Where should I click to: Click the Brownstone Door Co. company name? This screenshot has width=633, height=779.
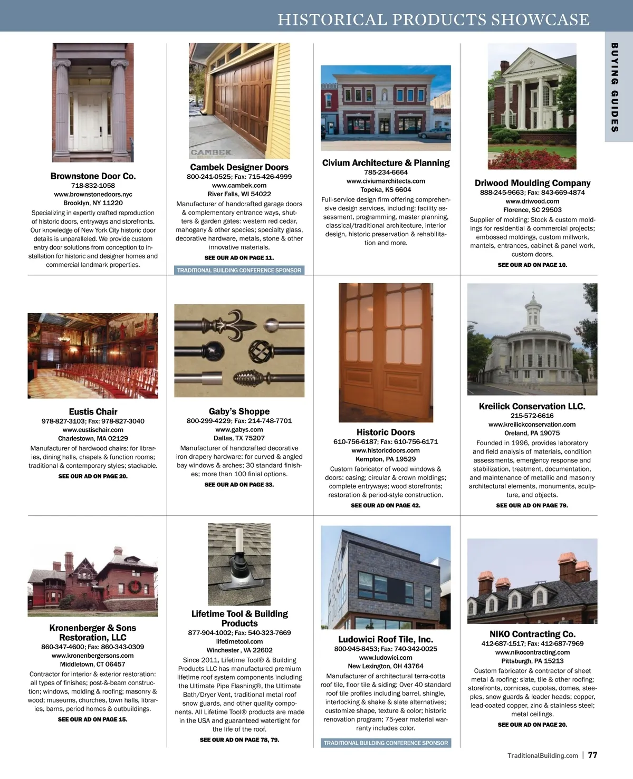(x=93, y=176)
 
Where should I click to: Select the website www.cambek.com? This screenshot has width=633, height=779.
(x=239, y=186)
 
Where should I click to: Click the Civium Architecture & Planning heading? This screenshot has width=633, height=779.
(x=386, y=163)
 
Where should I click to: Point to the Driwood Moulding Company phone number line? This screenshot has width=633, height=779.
(x=532, y=193)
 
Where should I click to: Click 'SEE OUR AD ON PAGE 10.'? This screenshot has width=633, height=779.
(x=532, y=265)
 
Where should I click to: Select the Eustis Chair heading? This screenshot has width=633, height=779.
(x=93, y=411)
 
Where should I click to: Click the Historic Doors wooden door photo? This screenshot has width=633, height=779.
(x=386, y=352)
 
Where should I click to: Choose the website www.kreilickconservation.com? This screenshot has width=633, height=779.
(x=532, y=425)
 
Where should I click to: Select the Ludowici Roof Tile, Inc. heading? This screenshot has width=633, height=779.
(x=386, y=639)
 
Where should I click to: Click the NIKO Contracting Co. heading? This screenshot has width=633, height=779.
(x=532, y=634)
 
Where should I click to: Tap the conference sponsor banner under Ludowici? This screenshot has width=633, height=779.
(x=386, y=743)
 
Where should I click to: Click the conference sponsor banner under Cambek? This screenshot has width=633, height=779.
(x=239, y=271)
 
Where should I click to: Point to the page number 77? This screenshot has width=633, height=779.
(x=592, y=755)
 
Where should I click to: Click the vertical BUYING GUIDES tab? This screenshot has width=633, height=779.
(x=615, y=87)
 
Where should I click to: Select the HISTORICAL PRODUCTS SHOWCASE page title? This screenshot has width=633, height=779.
(x=433, y=20)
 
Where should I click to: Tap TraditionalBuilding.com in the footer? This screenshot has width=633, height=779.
(x=542, y=756)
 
